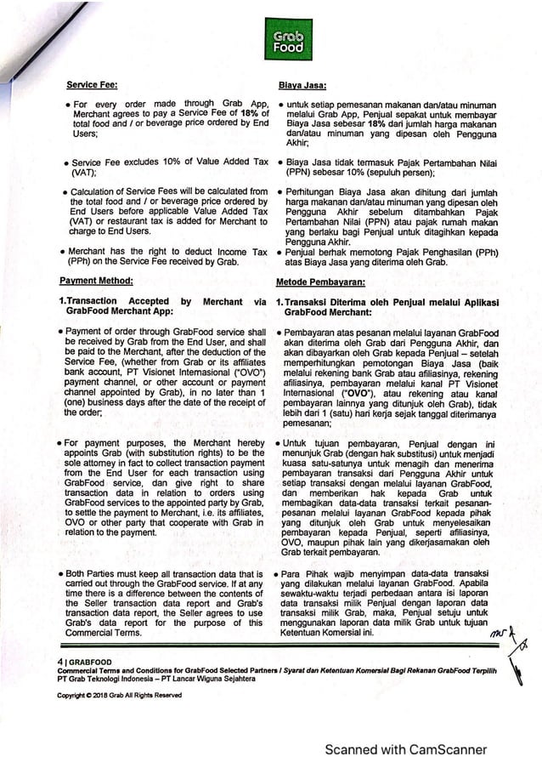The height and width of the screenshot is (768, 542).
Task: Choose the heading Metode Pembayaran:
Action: pos(319,281)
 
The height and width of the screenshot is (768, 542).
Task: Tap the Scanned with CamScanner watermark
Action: pos(405,749)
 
